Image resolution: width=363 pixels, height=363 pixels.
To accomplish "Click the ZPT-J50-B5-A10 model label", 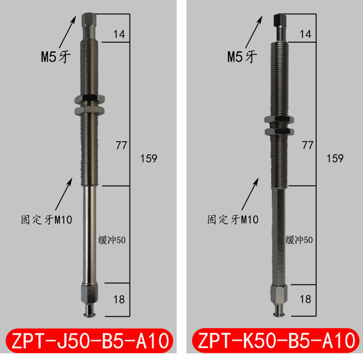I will pos(89,342).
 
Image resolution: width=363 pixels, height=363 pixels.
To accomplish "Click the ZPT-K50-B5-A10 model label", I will pos(274,342).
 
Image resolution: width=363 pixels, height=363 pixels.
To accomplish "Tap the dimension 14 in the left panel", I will pos(119,34).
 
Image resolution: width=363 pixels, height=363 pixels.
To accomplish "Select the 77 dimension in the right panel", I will pos(307,144).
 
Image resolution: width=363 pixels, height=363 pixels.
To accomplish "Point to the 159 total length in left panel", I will pos(148,158).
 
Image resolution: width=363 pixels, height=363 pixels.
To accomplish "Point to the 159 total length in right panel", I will pos(334,158).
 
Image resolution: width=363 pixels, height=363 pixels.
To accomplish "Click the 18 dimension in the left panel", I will pos(119,300).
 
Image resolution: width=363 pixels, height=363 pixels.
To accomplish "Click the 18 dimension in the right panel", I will pos(305,300).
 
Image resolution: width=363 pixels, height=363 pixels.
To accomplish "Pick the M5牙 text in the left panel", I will pos(55,57).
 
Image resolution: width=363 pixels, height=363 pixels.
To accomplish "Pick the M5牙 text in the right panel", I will pos(242,57).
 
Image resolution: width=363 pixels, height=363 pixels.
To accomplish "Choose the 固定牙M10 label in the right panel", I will pos(233,220).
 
